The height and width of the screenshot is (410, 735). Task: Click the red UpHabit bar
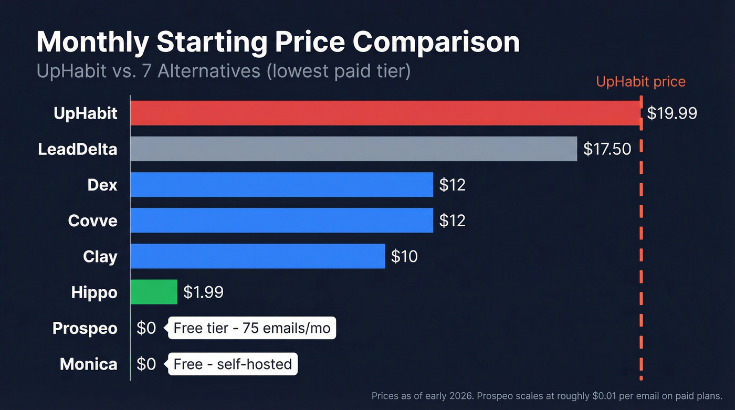tap(385, 113)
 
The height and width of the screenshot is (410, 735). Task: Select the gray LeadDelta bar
tap(353, 149)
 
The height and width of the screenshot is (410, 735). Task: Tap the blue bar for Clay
tap(257, 256)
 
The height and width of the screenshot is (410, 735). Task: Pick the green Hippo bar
tap(154, 292)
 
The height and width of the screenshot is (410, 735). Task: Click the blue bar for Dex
tap(281, 185)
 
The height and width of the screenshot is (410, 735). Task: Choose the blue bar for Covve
tap(281, 220)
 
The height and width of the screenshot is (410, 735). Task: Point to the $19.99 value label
tap(671, 113)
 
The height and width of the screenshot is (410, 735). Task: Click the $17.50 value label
tap(607, 149)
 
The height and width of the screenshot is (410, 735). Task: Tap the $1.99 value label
tap(203, 292)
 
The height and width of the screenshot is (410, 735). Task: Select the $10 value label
tap(404, 256)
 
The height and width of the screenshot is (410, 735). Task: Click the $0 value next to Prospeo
tap(146, 328)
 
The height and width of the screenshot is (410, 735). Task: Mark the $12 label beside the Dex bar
tap(452, 185)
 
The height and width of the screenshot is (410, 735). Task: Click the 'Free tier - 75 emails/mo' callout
tap(251, 328)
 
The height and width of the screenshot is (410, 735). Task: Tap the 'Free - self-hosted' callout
tap(232, 364)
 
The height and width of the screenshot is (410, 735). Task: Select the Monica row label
tap(88, 364)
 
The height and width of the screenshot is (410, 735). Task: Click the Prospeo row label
tap(85, 328)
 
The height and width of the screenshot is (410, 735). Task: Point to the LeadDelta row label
tap(77, 149)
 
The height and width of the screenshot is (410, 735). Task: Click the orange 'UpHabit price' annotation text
tap(640, 82)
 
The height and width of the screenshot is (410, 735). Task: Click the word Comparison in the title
tap(436, 43)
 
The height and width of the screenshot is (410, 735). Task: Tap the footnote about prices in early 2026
tap(547, 396)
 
